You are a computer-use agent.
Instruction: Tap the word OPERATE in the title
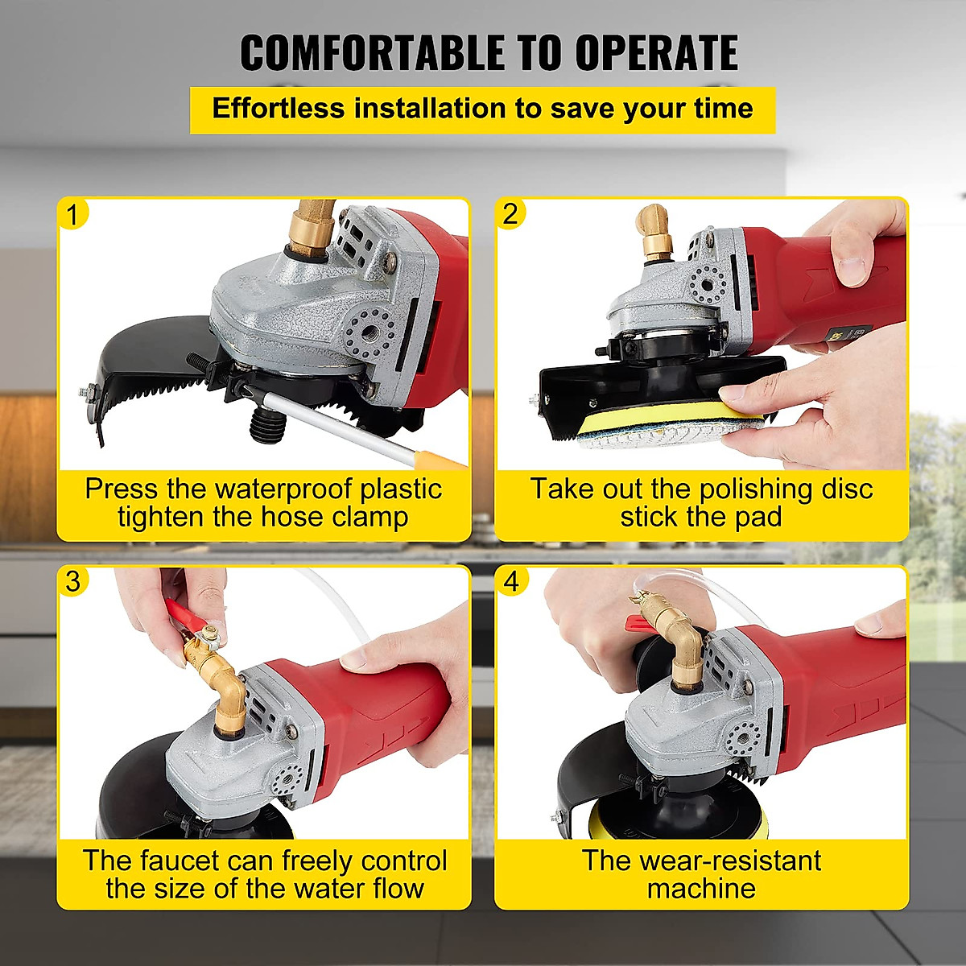click(x=656, y=53)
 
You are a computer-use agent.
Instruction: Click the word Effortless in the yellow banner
click(x=278, y=109)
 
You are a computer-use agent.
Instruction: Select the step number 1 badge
click(x=73, y=215)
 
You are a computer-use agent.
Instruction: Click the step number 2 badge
click(x=510, y=214)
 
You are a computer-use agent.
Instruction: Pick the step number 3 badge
click(x=73, y=581)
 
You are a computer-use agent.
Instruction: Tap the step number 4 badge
click(x=511, y=581)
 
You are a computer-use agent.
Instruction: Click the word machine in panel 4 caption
click(x=701, y=889)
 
